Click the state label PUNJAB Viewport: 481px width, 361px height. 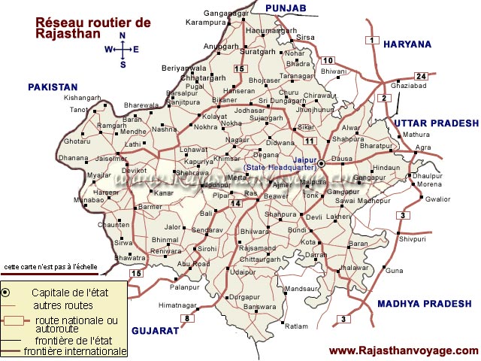[286, 8]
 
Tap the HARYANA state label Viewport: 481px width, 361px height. [407, 44]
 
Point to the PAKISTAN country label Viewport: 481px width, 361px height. [53, 87]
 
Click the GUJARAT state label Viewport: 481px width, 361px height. [156, 331]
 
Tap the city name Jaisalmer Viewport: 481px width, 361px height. [111, 159]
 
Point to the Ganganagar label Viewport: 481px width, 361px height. [224, 14]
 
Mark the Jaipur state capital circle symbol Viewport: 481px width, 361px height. [322, 163]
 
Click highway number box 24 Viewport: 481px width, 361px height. [421, 77]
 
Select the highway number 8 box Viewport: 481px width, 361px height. [186, 318]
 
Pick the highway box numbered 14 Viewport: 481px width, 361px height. [236, 204]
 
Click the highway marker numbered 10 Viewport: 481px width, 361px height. [328, 60]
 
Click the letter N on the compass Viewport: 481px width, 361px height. [123, 36]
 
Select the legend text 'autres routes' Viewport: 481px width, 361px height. [63, 305]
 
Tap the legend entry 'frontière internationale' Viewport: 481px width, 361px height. [75, 351]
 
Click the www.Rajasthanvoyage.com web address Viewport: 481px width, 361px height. [404, 350]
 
